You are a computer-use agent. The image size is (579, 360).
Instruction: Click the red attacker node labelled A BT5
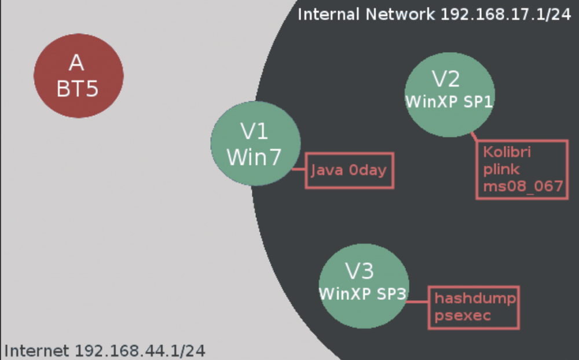pyautogui.click(x=79, y=76)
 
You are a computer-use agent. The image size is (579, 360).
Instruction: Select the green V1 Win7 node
pyautogui.click(x=255, y=144)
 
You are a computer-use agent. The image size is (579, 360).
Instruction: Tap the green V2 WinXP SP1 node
pyautogui.click(x=450, y=94)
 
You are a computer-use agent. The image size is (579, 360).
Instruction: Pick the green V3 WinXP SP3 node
pyautogui.click(x=364, y=286)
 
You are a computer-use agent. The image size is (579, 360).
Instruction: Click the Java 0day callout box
pyautogui.click(x=349, y=171)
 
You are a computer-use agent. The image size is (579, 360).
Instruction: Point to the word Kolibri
pyautogui.click(x=507, y=152)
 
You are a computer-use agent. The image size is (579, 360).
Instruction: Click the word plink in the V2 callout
pyautogui.click(x=501, y=170)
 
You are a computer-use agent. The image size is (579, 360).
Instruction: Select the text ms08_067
pyautogui.click(x=523, y=186)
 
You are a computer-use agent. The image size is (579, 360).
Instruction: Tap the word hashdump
pyautogui.click(x=475, y=298)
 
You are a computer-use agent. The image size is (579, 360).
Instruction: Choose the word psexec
pyautogui.click(x=463, y=315)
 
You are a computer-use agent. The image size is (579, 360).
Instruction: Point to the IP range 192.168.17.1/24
pyautogui.click(x=506, y=14)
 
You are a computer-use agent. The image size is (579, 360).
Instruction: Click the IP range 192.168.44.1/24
pyautogui.click(x=140, y=351)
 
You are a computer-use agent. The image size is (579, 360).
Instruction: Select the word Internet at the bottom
pyautogui.click(x=36, y=351)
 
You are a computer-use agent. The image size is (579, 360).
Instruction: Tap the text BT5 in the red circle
pyautogui.click(x=78, y=89)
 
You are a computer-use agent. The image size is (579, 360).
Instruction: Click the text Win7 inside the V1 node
pyautogui.click(x=254, y=157)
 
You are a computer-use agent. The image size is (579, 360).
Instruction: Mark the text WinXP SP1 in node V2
pyautogui.click(x=449, y=101)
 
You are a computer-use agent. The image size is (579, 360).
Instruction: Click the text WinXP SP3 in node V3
pyautogui.click(x=363, y=294)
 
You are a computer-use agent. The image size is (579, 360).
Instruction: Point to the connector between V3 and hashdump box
pyautogui.click(x=417, y=302)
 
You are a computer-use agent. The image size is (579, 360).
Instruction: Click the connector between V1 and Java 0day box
pyautogui.click(x=298, y=170)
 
